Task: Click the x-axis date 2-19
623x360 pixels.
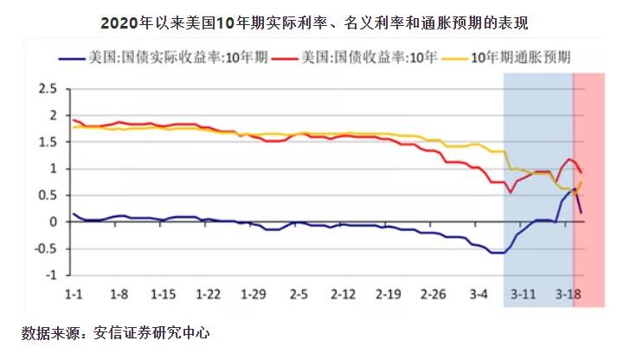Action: coord(389,295)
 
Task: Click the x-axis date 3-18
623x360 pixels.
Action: coord(568,295)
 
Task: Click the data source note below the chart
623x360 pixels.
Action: coord(116,332)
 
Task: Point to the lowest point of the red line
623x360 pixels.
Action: coord(511,191)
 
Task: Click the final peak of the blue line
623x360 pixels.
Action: coord(575,188)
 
